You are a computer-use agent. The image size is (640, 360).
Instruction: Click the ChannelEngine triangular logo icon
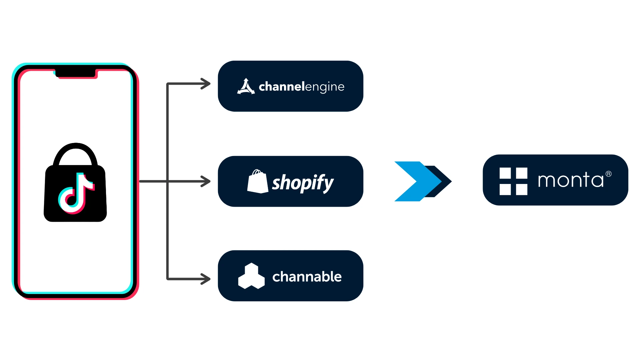click(246, 87)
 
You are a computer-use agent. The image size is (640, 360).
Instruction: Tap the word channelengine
click(301, 87)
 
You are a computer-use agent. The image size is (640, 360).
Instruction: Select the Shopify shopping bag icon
click(257, 182)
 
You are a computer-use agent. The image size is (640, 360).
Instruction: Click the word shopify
click(302, 182)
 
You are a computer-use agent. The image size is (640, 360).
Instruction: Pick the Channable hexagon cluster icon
click(251, 276)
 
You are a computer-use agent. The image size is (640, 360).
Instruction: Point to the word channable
click(307, 277)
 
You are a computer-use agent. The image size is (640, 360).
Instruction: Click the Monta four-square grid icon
click(513, 181)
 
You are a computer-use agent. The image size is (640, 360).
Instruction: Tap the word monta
click(571, 180)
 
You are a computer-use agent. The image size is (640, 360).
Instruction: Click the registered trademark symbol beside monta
click(609, 174)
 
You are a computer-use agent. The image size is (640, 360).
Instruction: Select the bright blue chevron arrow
click(412, 181)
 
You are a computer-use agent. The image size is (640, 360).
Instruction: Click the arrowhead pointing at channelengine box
click(206, 84)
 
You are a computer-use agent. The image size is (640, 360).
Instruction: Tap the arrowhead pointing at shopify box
click(206, 181)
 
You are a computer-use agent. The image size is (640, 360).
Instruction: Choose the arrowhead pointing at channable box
click(206, 279)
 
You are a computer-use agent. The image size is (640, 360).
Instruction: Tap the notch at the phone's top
click(76, 72)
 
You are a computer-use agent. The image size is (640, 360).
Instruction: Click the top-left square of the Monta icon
click(505, 173)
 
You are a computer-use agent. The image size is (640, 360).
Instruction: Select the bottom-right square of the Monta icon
click(522, 189)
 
